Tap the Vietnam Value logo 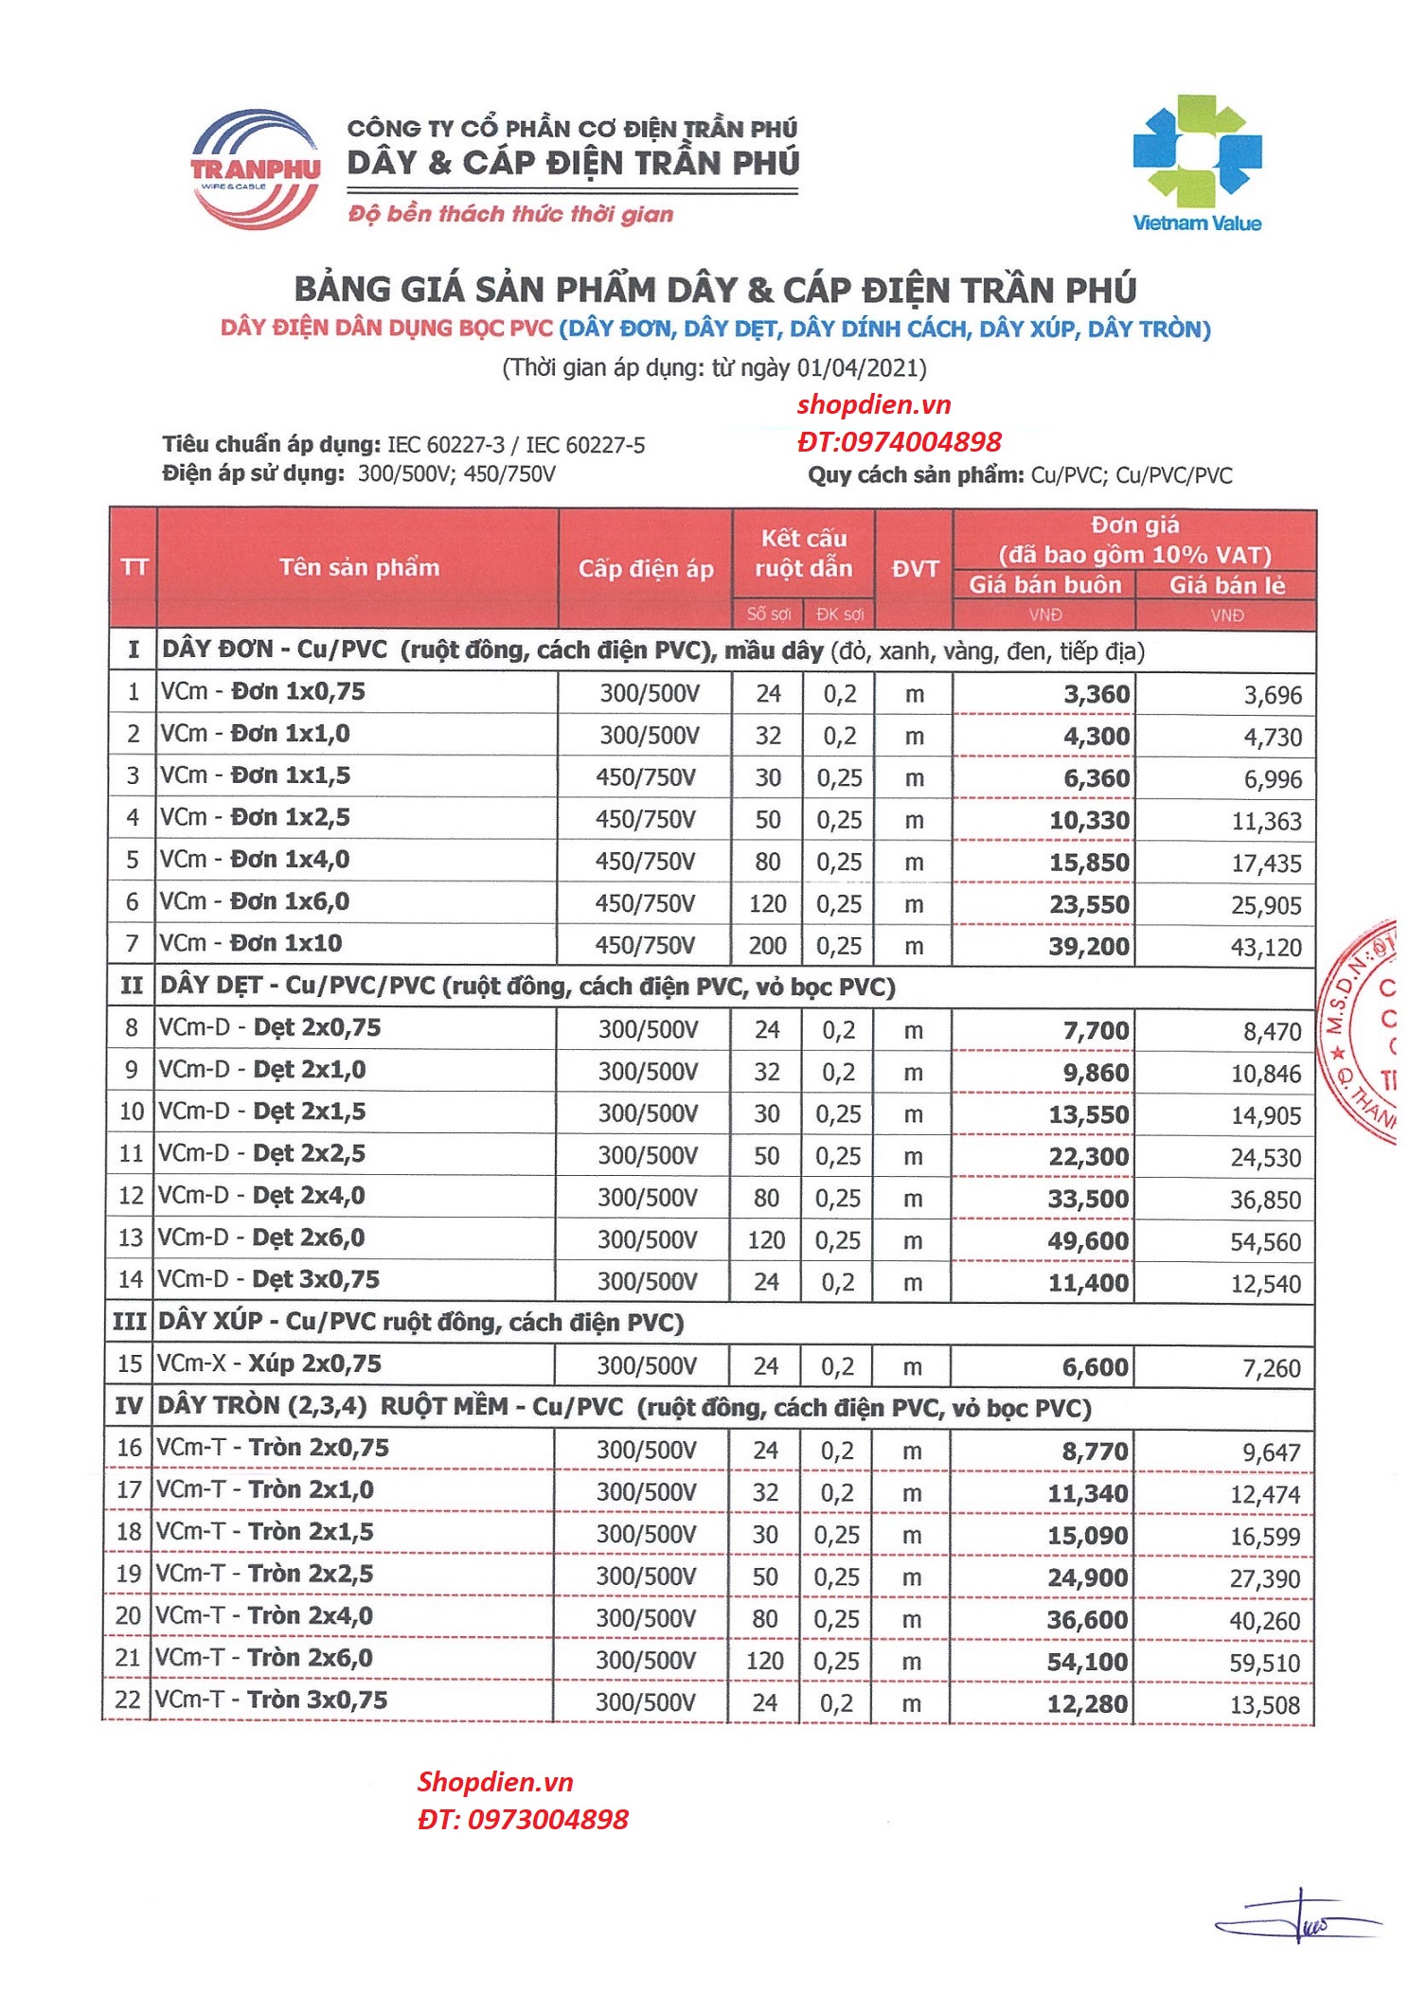coord(1197,163)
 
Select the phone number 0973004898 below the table coord(546,1819)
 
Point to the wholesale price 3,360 coord(1096,695)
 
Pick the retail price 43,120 coord(1266,947)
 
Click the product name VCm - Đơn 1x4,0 coord(255,860)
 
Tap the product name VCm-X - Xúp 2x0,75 coord(269,1364)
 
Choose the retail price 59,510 coord(1264,1663)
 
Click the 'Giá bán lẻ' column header coord(1226,585)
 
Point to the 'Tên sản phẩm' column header coord(359,568)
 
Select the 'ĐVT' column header coord(914,569)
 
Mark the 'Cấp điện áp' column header coord(646,569)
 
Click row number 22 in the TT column coord(128,1700)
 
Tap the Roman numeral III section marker coord(130,1322)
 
